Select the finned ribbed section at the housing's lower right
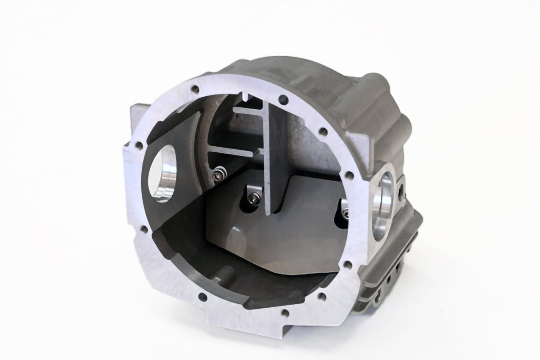click(391, 270)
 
